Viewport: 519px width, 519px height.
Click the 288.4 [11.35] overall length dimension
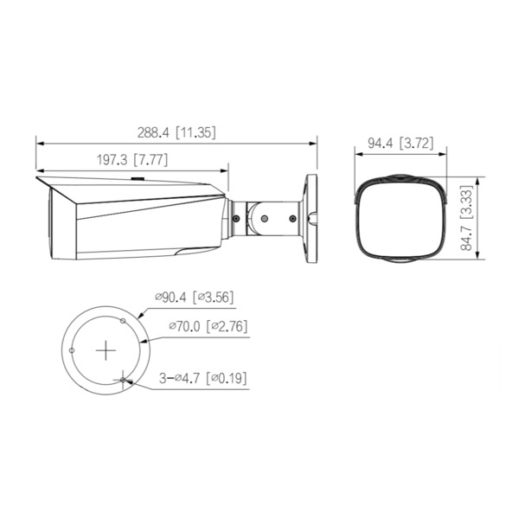click(176, 133)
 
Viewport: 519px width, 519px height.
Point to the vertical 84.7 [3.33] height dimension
click(466, 218)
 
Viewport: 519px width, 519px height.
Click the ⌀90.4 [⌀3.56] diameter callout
click(194, 298)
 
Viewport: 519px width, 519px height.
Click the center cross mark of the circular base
click(106, 349)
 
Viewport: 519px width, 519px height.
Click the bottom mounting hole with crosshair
click(125, 378)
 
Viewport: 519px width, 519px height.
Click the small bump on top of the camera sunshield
click(137, 180)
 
